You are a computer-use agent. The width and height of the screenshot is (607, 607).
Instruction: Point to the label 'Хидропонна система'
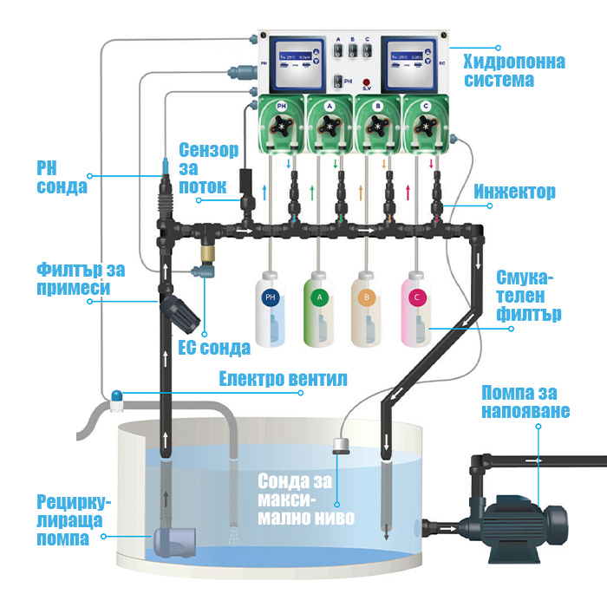pyautogui.click(x=514, y=71)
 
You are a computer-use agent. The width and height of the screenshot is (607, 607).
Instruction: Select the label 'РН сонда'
pyautogui.click(x=62, y=177)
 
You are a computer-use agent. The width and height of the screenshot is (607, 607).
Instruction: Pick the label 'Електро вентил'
pyautogui.click(x=271, y=378)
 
